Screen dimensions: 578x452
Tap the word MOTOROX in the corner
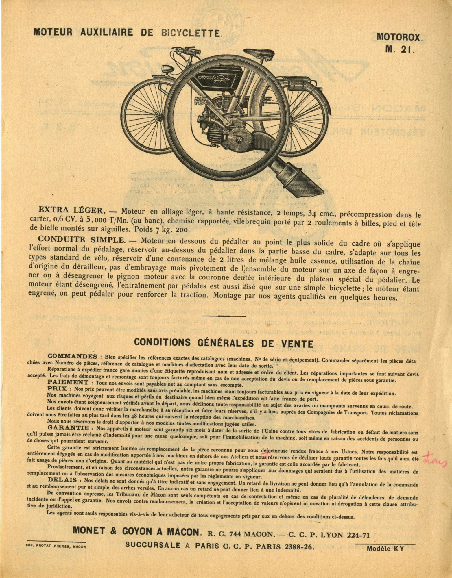pos(399,37)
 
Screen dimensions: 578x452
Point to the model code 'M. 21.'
pos(400,49)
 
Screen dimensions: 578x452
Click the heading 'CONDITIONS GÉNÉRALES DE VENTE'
pos(224,343)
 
